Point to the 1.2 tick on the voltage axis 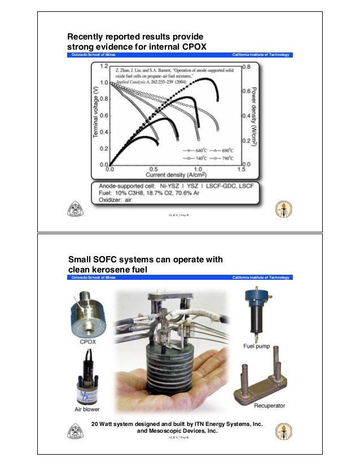(104, 66)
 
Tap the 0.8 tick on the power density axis (247, 66)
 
